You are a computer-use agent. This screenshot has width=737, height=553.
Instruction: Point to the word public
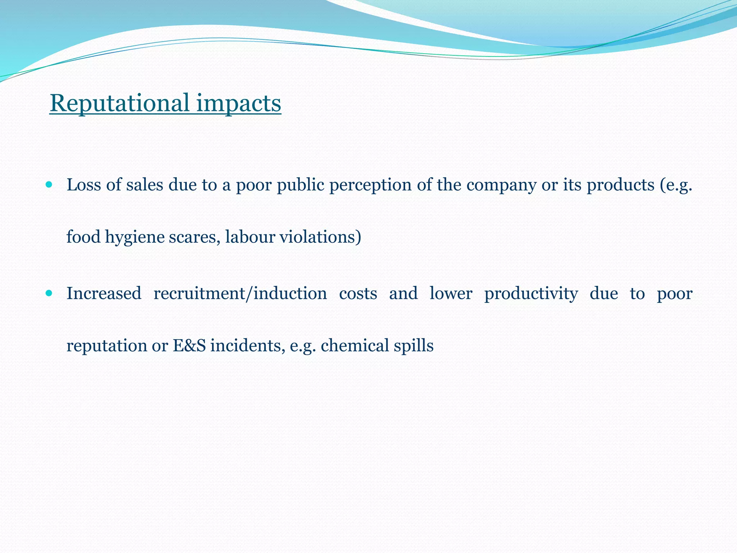(300, 185)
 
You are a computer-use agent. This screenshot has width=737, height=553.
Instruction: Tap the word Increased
(104, 293)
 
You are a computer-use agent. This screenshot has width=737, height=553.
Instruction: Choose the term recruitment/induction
(240, 293)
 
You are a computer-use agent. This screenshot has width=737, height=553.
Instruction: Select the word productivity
(531, 293)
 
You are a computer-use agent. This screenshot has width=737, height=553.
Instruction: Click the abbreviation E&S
(189, 346)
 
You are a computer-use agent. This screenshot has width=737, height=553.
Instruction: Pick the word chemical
(354, 346)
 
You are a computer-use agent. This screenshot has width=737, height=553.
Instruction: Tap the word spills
(413, 346)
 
